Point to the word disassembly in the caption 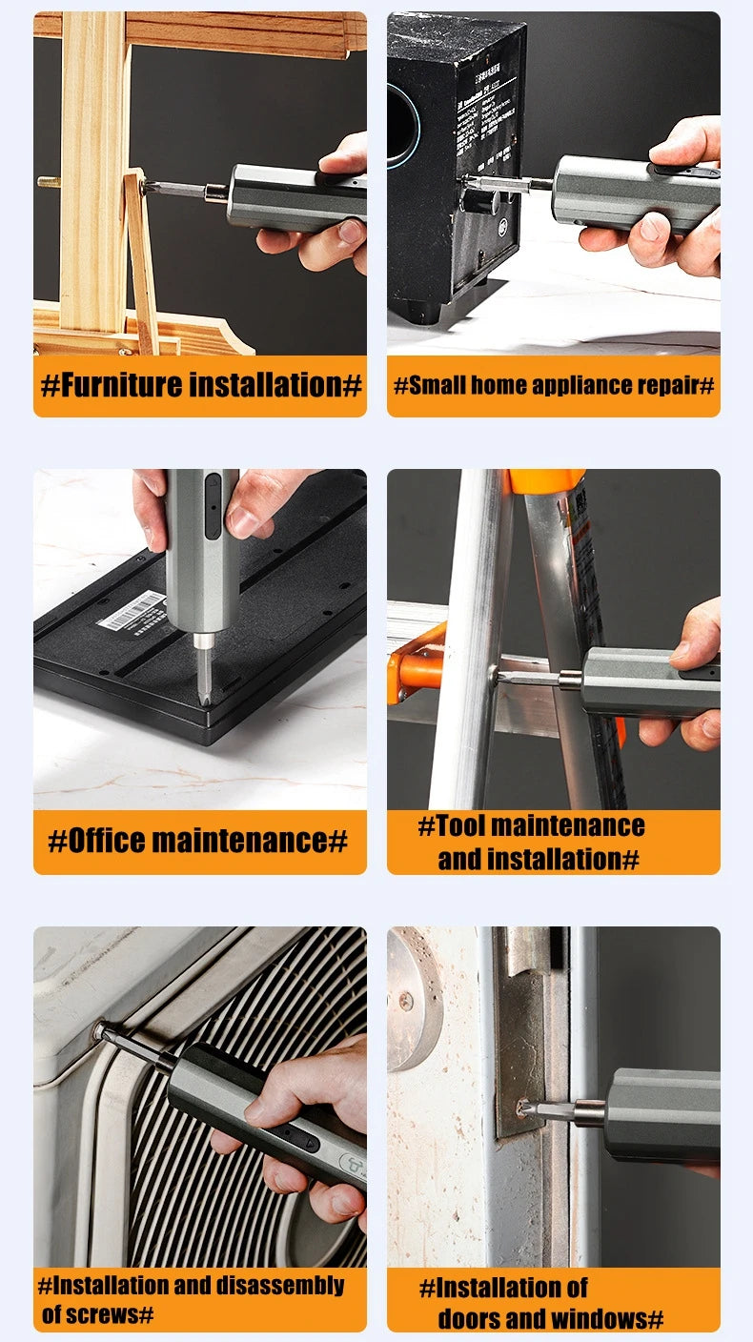pos(280,1285)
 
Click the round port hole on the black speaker pos(400,123)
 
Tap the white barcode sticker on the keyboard pos(132,611)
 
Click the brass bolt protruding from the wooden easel pos(49,181)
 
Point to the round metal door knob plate pos(413,999)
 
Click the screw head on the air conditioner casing pos(99,1030)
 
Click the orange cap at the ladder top pos(545,480)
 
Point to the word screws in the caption pos(101,1315)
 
